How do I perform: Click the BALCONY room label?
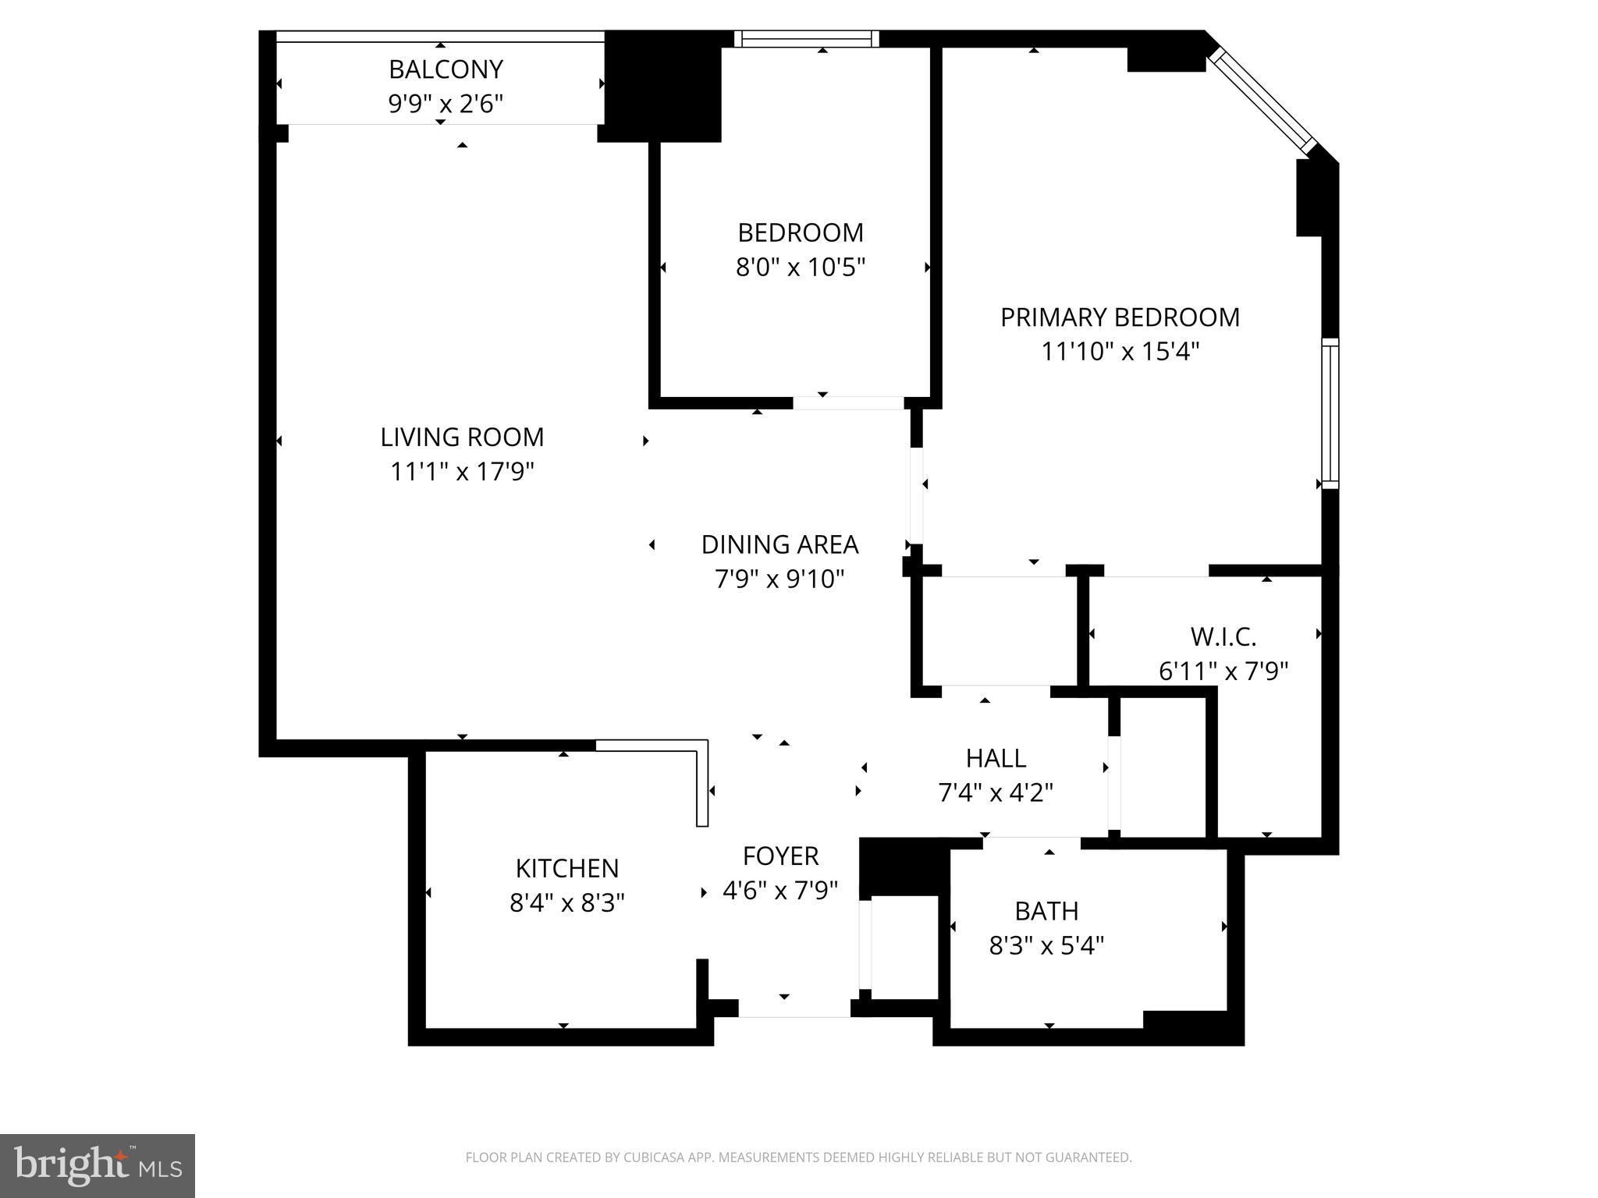pyautogui.click(x=446, y=69)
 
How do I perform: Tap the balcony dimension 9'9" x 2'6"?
pyautogui.click(x=446, y=104)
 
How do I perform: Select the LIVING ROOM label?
pyautogui.click(x=462, y=437)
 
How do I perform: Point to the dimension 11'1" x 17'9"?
pyautogui.click(x=462, y=472)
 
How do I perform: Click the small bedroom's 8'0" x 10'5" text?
pyautogui.click(x=801, y=268)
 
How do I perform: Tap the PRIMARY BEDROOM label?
pyautogui.click(x=1120, y=317)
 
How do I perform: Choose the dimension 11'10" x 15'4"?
pyautogui.click(x=1120, y=352)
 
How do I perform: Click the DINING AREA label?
pyautogui.click(x=779, y=544)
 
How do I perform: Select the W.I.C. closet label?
pyautogui.click(x=1223, y=637)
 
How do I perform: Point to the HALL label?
pyautogui.click(x=996, y=758)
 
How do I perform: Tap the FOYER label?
pyautogui.click(x=780, y=856)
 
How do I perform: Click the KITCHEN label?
pyautogui.click(x=567, y=868)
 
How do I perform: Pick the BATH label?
pyautogui.click(x=1046, y=911)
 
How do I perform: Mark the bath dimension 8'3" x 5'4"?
pyautogui.click(x=1046, y=946)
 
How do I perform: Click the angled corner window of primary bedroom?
pyautogui.click(x=1262, y=101)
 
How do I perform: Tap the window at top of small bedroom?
pyautogui.click(x=807, y=39)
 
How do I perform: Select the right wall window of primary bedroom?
pyautogui.click(x=1330, y=413)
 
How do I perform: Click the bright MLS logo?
pyautogui.click(x=98, y=1165)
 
